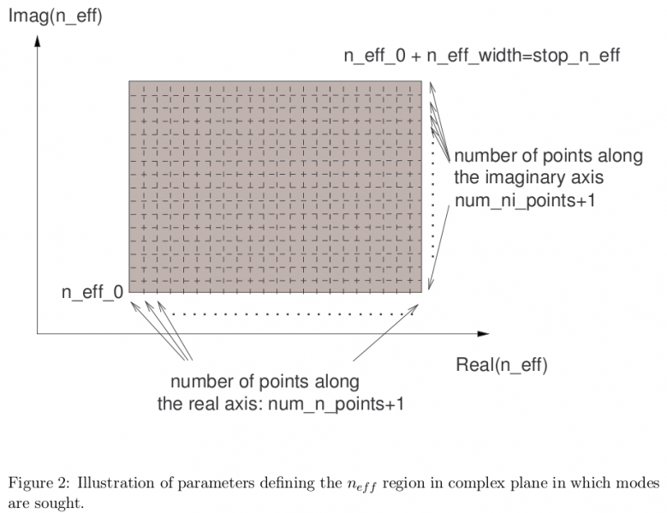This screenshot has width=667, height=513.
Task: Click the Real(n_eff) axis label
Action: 501,366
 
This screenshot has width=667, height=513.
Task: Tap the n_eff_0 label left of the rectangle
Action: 92,292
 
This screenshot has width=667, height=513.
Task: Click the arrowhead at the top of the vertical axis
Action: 38,39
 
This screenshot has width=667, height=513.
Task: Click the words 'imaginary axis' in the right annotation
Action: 541,178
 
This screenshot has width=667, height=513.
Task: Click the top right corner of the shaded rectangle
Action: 421,81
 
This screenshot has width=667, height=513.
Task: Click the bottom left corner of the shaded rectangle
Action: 129,293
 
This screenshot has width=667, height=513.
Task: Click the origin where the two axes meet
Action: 38,333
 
